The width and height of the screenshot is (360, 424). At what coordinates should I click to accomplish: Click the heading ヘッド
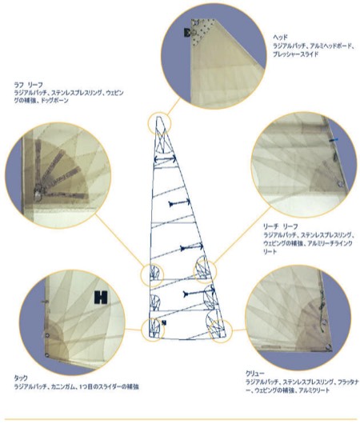coord(280,37)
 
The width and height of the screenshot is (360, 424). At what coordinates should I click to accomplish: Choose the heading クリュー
coord(256,374)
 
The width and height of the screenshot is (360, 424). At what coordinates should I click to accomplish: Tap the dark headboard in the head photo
coord(188,32)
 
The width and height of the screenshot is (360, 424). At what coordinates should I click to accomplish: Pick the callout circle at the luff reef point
coord(151,276)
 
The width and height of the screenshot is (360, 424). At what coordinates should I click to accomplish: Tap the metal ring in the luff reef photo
coord(38,189)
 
